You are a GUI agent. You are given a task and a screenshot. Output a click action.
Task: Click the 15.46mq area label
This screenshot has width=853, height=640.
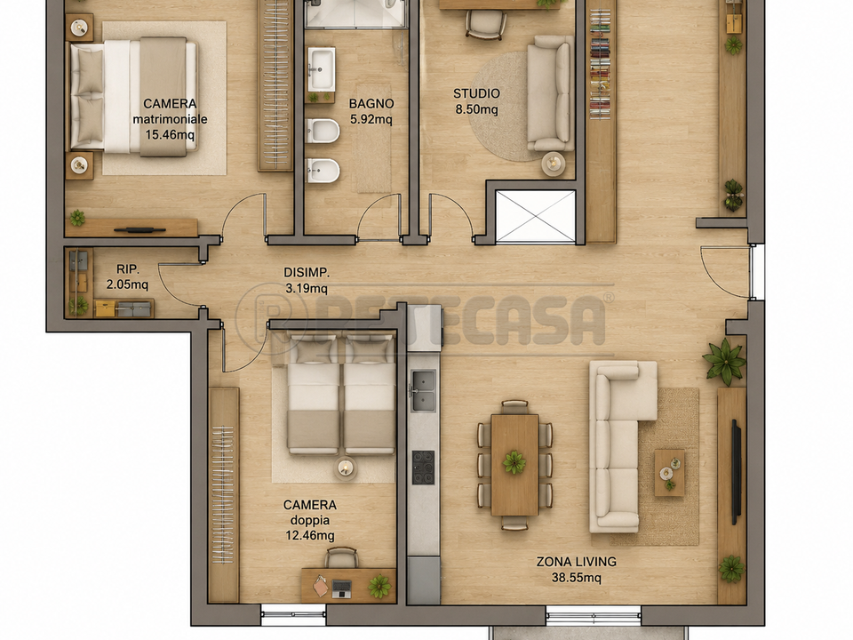pyautogui.click(x=170, y=134)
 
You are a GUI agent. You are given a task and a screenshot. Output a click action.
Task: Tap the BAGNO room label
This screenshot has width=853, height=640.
pyautogui.click(x=371, y=103)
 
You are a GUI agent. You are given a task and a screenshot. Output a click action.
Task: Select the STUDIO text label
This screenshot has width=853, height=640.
pyautogui.click(x=476, y=93)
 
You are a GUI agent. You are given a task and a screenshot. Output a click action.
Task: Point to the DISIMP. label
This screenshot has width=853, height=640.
pyautogui.click(x=307, y=273)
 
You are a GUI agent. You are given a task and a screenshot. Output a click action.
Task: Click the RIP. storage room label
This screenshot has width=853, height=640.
pyautogui.click(x=128, y=268)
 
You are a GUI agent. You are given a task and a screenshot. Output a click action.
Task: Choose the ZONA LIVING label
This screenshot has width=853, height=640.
pyautogui.click(x=577, y=562)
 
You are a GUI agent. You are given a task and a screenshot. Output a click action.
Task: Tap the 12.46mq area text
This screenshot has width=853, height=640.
pyautogui.click(x=310, y=535)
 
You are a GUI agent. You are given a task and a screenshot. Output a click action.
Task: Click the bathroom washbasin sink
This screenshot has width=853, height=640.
pyautogui.click(x=322, y=69)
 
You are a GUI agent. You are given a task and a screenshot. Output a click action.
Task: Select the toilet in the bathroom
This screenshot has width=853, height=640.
pyautogui.click(x=323, y=132)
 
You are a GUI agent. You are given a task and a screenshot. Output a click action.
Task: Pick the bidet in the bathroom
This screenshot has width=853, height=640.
pyautogui.click(x=323, y=171)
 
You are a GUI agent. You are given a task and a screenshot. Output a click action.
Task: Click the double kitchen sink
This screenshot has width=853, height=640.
pyautogui.click(x=423, y=390)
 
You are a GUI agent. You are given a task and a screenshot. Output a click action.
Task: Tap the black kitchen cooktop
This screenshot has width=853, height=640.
pyautogui.click(x=423, y=468)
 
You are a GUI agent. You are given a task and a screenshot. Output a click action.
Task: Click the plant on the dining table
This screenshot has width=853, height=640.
pyautogui.click(x=514, y=462)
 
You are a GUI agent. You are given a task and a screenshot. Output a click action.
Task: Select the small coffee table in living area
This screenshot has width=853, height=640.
pyautogui.click(x=669, y=472)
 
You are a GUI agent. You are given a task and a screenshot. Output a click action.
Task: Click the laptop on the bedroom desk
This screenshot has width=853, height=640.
pyautogui.click(x=341, y=588)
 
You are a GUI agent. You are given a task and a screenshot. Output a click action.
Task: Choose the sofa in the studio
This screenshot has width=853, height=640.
pyautogui.click(x=549, y=93)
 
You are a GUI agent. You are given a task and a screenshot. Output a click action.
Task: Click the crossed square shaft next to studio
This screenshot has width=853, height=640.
pyautogui.click(x=536, y=217)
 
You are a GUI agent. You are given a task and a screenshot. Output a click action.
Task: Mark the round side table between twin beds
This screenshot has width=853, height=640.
pyautogui.click(x=346, y=468)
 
